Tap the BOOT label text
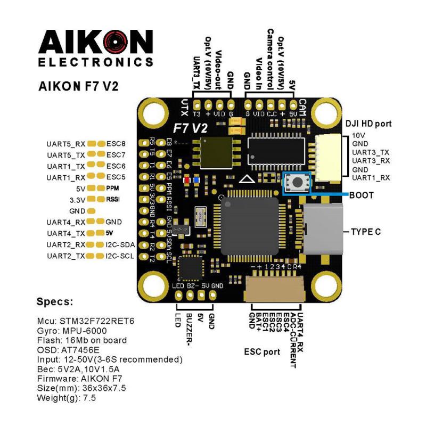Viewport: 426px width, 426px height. point(362,195)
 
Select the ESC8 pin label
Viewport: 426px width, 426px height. point(116,144)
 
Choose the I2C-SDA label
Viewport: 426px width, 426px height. point(120,245)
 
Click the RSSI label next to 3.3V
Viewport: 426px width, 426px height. point(112,200)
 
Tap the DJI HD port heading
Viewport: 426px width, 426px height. point(368,124)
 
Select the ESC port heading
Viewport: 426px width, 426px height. point(262,352)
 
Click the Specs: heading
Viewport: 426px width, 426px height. point(54,302)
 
